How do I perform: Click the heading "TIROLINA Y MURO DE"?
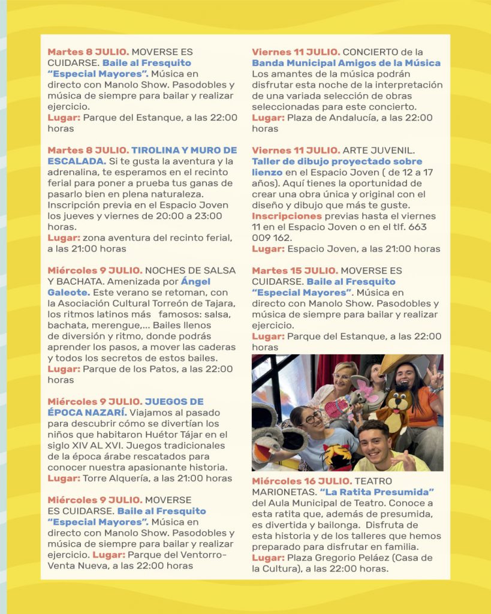tap(184, 150)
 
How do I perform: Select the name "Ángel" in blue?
tap(195, 281)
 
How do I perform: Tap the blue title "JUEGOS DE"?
tap(174, 401)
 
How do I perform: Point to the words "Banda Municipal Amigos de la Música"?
tap(346, 63)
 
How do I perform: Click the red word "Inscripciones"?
tap(287, 216)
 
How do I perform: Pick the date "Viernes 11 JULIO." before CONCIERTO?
tap(296, 52)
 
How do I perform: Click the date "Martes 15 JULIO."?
tap(294, 270)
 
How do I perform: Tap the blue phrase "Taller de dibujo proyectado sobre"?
tap(337, 161)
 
